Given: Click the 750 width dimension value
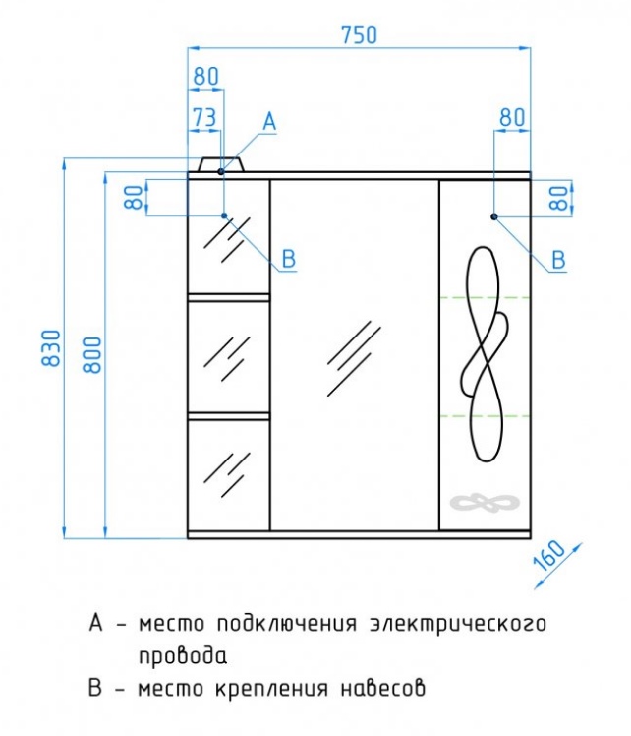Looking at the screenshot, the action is tap(359, 34).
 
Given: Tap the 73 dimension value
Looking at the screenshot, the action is tap(204, 117).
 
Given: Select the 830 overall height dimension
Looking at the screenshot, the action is tap(51, 347).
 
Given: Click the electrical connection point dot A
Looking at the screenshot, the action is tap(221, 172).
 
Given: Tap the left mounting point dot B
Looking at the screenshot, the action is tap(224, 215).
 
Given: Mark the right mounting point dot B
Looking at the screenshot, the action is tap(494, 216).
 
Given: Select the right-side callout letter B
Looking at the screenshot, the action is tap(558, 260).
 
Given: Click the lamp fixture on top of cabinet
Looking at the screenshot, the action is tap(222, 164).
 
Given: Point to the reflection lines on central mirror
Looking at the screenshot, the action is tap(354, 358).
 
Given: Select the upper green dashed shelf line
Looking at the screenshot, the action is tap(486, 297).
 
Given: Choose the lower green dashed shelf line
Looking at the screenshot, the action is tap(486, 416).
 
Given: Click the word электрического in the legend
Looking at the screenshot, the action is tap(458, 624).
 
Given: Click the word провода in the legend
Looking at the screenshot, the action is tap(183, 656).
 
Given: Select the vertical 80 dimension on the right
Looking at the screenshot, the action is tap(561, 198).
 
